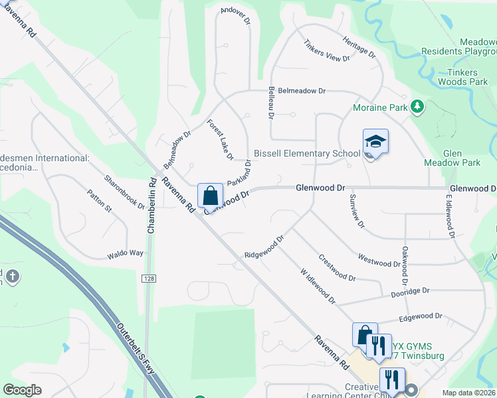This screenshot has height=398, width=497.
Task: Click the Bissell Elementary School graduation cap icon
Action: click(x=375, y=142)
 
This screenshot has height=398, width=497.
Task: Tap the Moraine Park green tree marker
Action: click(x=417, y=106)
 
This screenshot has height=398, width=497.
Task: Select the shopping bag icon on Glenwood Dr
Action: click(x=210, y=196)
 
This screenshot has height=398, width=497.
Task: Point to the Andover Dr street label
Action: click(x=235, y=15)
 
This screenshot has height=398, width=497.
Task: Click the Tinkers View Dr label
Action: click(x=326, y=52)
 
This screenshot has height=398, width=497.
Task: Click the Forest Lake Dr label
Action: click(x=220, y=140)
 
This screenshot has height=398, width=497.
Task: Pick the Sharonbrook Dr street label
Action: click(x=124, y=192)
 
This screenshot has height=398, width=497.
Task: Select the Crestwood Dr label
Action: click(x=337, y=267)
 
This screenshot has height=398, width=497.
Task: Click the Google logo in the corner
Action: click(x=22, y=390)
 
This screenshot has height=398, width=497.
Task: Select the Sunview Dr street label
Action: click(x=356, y=211)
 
